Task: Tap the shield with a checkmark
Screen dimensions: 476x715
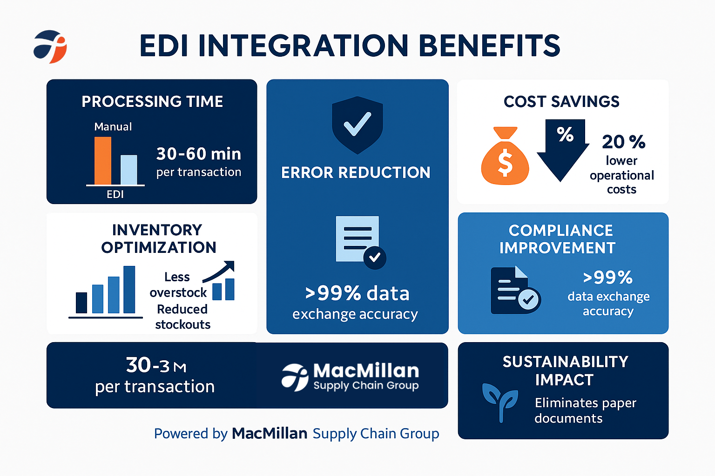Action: coord(357,125)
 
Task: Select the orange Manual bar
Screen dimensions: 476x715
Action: coord(103,160)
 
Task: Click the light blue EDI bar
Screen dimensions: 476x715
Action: coord(129,170)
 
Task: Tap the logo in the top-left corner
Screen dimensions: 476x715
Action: coord(50,46)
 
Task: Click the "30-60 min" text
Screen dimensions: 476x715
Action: coord(198,154)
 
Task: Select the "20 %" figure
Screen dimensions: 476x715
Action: coord(623,142)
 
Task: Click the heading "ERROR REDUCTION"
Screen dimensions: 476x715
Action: coord(356,172)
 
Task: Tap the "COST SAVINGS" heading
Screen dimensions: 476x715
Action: coord(561,101)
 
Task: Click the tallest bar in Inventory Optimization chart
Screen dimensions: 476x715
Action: coord(129,289)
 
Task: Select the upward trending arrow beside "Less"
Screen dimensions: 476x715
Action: coord(219,271)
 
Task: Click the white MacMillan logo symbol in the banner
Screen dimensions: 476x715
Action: coord(295,377)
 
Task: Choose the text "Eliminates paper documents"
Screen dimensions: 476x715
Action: coord(585,410)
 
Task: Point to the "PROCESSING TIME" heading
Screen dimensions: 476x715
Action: coord(152,101)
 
